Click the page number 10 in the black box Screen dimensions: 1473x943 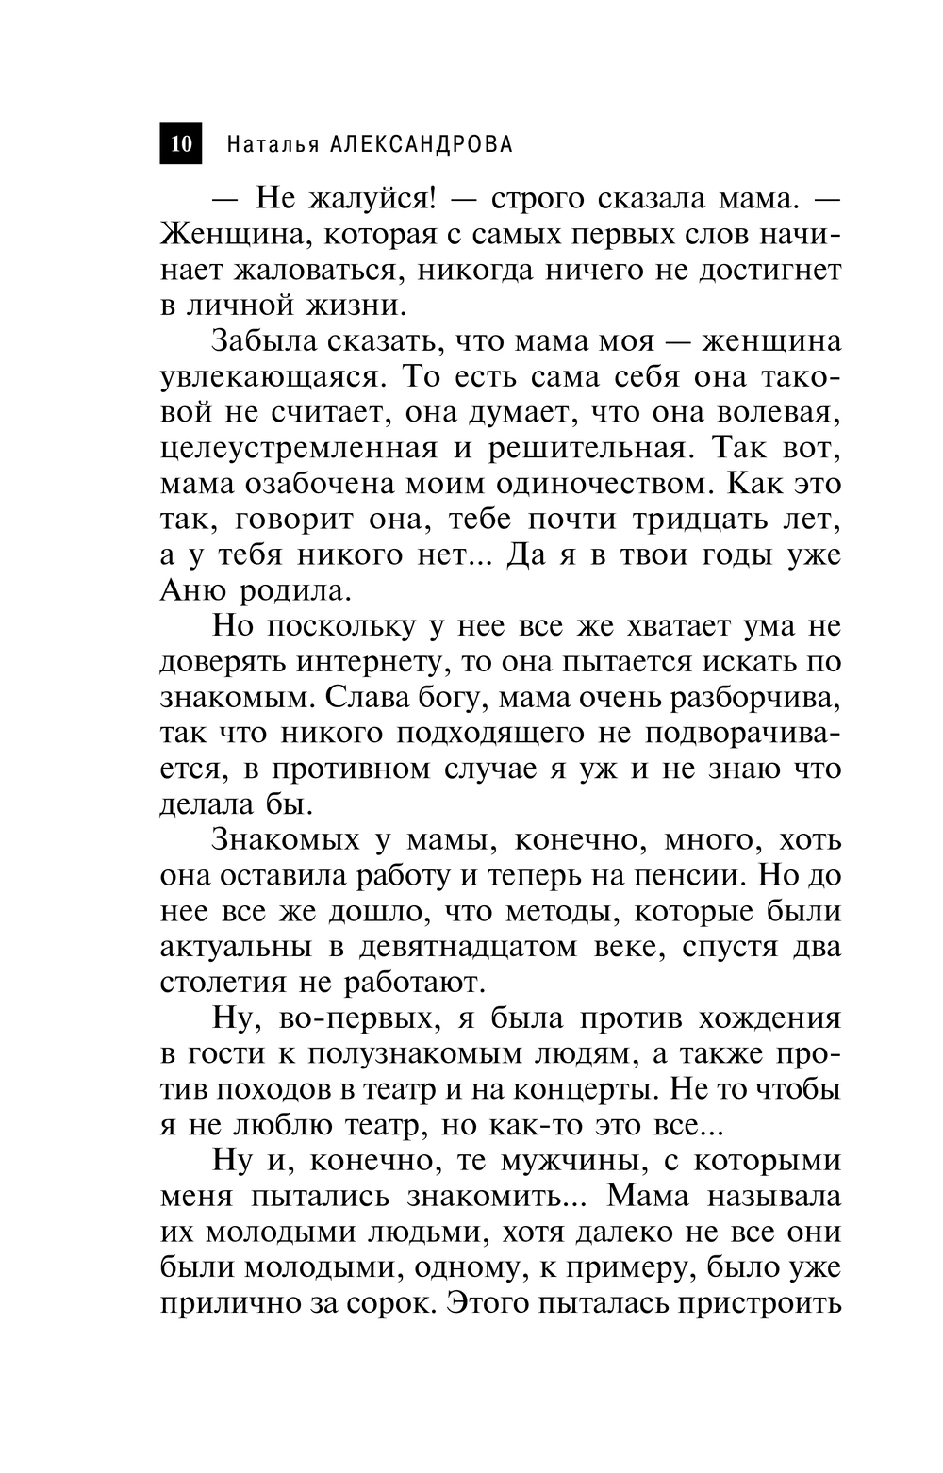click(181, 143)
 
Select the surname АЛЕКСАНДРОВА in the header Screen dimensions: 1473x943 click(420, 144)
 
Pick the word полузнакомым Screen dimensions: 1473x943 click(419, 1053)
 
